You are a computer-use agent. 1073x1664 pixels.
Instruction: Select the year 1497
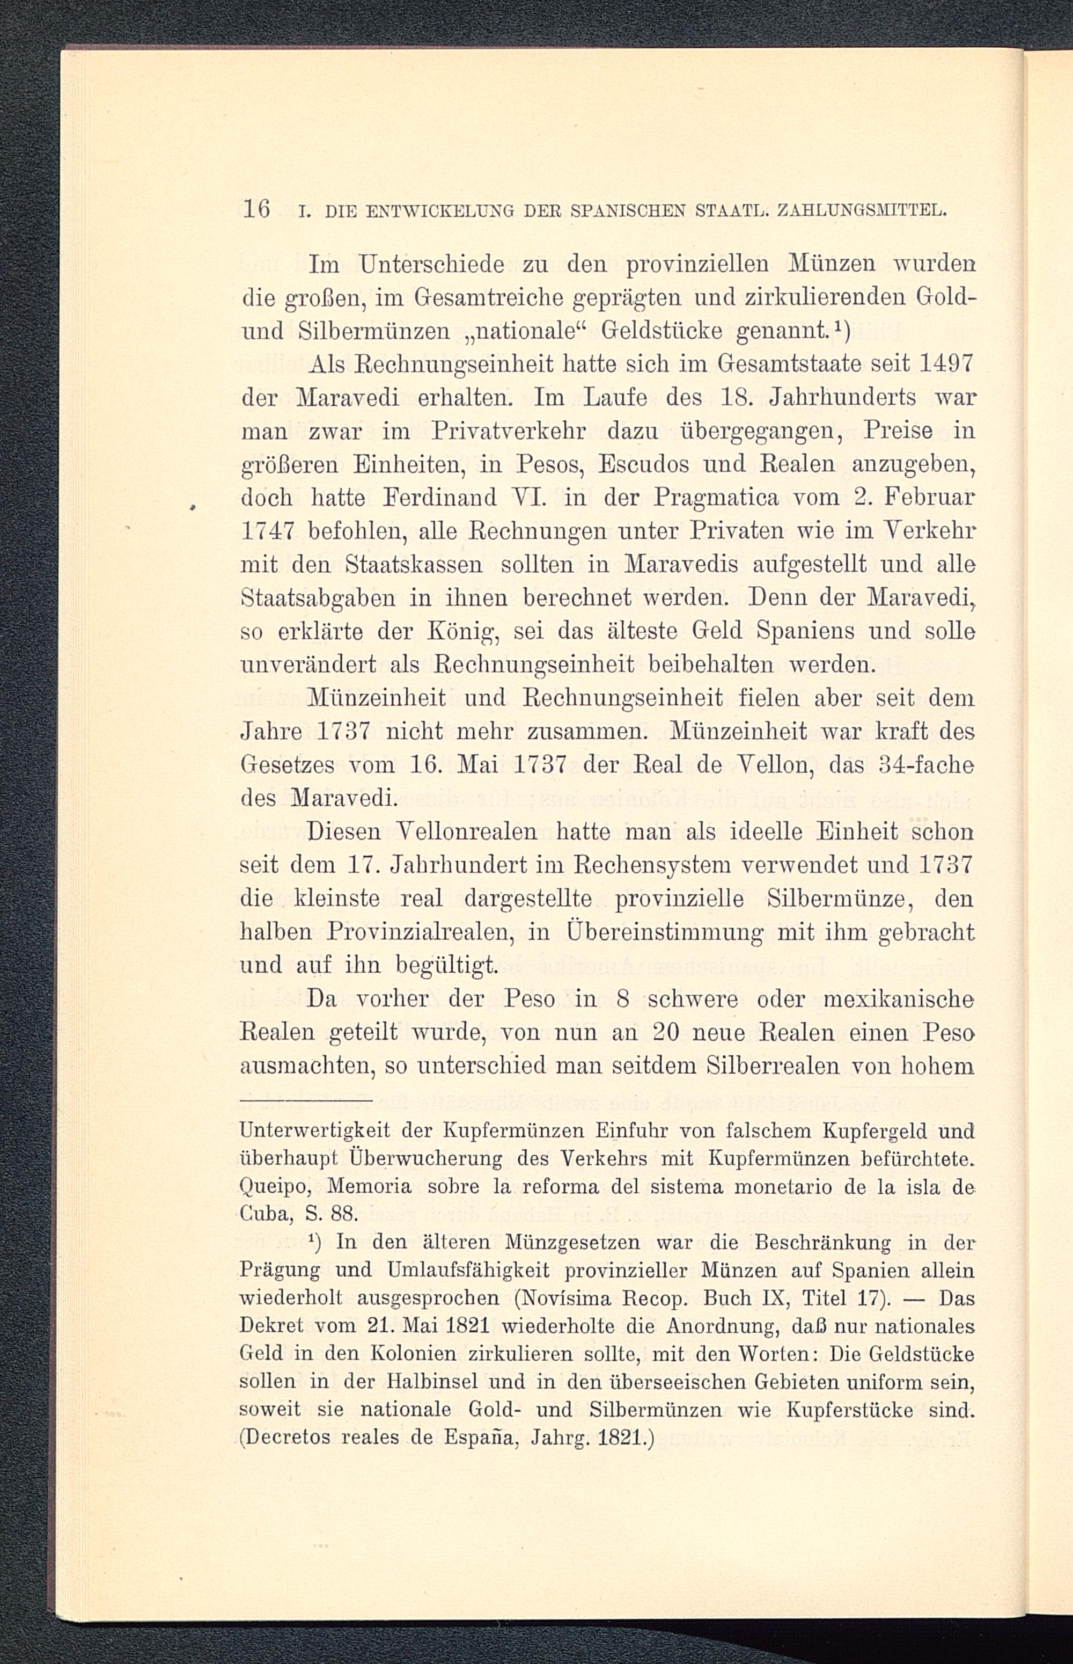(x=945, y=364)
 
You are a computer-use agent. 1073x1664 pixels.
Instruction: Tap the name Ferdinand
(x=437, y=498)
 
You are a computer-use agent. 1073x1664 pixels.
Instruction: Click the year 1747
(x=268, y=532)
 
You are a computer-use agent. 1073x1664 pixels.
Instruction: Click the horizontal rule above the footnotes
(x=306, y=1101)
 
